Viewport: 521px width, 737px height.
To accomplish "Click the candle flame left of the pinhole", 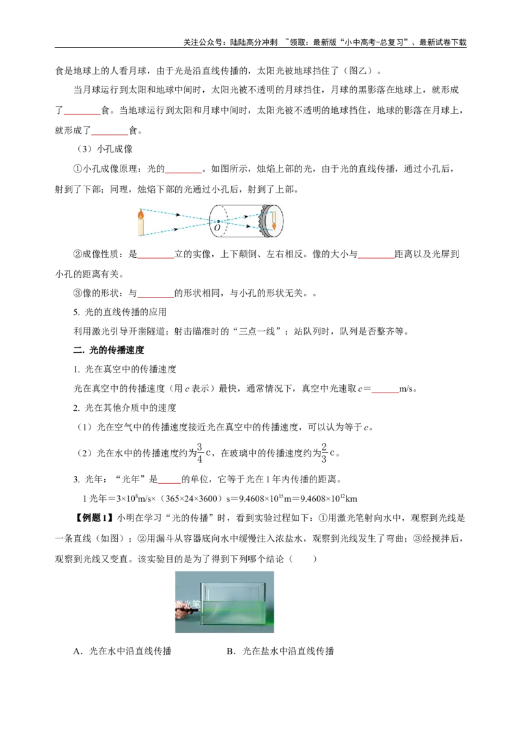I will coord(141,212).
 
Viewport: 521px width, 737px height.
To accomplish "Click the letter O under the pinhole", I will coord(217,228).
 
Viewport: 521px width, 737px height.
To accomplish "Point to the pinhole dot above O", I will coord(218,221).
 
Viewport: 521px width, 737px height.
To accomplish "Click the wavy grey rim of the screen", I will coord(264,221).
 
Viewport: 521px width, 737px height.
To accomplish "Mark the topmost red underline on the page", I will coord(82,115).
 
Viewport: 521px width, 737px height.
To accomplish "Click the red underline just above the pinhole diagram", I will coord(184,174).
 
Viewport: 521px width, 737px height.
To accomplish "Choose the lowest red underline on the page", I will coord(169,482).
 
